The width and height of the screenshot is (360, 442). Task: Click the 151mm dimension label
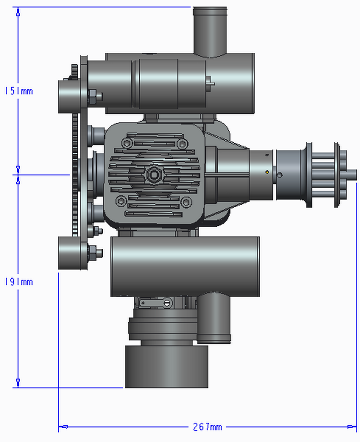[x=19, y=91]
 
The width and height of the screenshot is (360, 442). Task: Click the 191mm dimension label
[x=19, y=282]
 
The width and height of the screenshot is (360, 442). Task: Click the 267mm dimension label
[x=207, y=427]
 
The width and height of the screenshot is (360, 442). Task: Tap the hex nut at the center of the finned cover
[x=154, y=175]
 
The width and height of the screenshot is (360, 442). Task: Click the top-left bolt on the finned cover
[x=127, y=143]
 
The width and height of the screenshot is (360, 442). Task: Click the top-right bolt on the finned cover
[x=182, y=144]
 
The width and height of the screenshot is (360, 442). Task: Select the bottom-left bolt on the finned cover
[x=121, y=201]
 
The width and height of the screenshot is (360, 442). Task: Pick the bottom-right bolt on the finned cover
[x=186, y=202]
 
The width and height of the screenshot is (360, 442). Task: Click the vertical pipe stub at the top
[x=210, y=32]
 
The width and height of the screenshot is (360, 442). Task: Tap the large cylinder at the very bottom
[x=167, y=367]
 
